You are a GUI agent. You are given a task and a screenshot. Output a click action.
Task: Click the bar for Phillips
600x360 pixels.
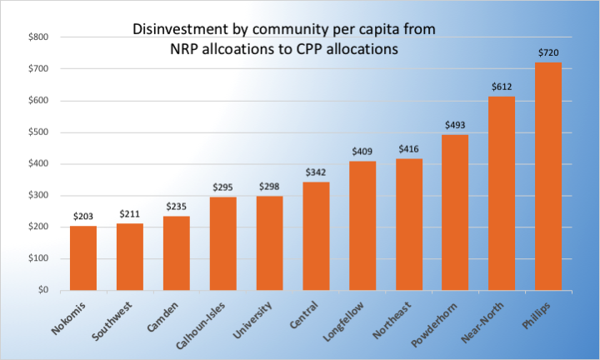click(x=547, y=176)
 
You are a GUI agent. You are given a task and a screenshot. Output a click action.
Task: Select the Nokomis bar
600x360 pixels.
click(x=82, y=257)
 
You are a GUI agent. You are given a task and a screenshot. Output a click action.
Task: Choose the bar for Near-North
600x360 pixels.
click(x=501, y=193)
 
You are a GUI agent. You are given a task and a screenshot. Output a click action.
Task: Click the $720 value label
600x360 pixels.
click(x=547, y=52)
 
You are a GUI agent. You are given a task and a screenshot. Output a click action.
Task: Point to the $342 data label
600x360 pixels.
click(x=316, y=172)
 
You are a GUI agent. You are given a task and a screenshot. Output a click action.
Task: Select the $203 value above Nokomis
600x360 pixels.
click(x=82, y=216)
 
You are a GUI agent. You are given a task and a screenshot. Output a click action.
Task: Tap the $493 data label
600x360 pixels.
click(x=455, y=124)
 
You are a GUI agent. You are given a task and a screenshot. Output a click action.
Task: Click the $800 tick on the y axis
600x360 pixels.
click(x=38, y=37)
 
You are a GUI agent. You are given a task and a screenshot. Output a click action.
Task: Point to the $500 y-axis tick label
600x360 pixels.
click(x=38, y=132)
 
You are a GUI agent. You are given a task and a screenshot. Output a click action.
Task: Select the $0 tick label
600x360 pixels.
click(x=43, y=290)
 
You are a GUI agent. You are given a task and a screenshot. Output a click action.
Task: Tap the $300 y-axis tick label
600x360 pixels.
click(x=38, y=195)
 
